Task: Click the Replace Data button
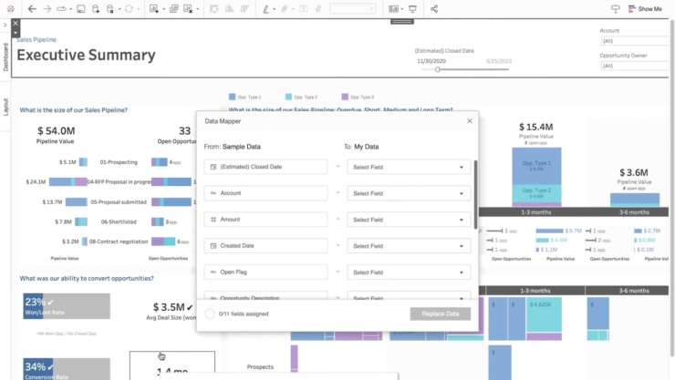coord(440,313)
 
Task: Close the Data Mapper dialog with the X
coord(470,120)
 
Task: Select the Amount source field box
coord(265,220)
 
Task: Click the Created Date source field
coord(265,246)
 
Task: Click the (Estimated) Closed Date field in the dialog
coord(265,167)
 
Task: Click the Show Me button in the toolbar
coord(644,9)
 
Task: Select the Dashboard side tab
coord(5,56)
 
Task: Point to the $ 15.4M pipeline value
coord(535,127)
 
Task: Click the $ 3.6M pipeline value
coord(633,172)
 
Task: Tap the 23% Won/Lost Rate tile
coord(66,305)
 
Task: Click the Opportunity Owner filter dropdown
coord(634,66)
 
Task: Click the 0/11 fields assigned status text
coord(244,313)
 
